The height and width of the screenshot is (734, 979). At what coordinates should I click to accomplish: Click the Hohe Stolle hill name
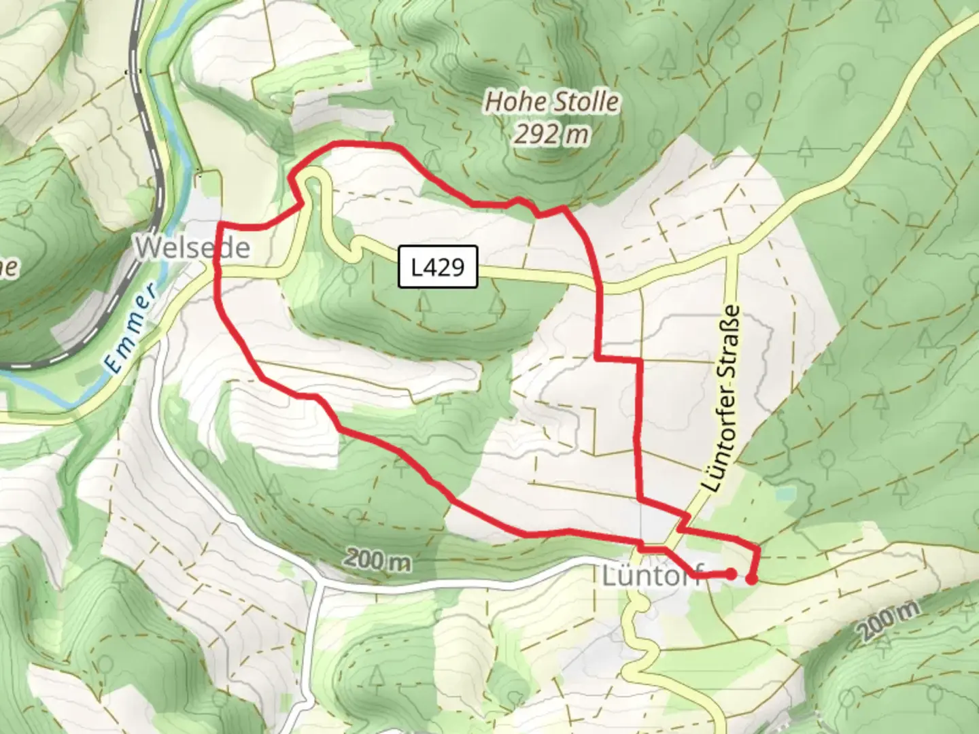(551, 103)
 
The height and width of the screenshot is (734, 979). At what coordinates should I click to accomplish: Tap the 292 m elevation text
(551, 135)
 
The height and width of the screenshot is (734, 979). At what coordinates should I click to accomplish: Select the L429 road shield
(439, 267)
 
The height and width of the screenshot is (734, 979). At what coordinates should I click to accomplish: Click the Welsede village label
(192, 247)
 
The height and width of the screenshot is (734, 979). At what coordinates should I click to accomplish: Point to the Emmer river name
(131, 330)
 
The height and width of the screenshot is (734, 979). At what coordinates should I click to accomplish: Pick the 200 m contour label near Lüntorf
(377, 561)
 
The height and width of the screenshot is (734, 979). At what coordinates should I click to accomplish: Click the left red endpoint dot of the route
(729, 574)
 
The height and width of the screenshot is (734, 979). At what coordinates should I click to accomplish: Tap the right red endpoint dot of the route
(751, 579)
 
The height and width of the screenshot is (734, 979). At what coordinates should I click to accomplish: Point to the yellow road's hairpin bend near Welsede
(313, 179)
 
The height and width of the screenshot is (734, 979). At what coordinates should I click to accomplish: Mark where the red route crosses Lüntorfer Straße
(682, 524)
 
